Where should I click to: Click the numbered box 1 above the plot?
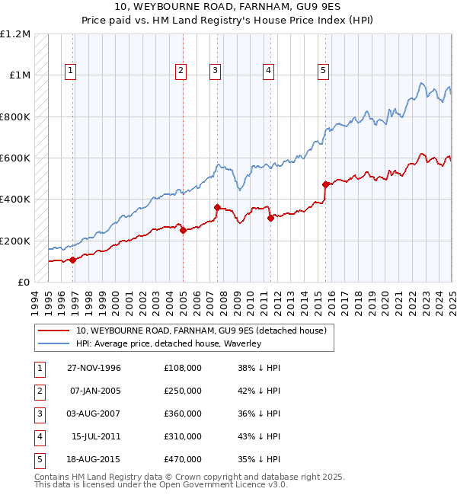click(70, 71)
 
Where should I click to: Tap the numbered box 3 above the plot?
click(216, 71)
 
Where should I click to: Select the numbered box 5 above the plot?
click(324, 71)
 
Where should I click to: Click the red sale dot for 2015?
click(325, 184)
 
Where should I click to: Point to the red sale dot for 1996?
click(73, 260)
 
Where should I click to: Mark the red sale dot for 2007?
click(217, 207)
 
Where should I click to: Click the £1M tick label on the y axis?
click(18, 75)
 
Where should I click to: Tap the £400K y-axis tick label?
click(15, 200)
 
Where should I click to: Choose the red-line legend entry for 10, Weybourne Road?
click(201, 331)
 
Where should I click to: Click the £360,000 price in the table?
click(183, 414)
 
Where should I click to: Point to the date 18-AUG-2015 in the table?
click(94, 459)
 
